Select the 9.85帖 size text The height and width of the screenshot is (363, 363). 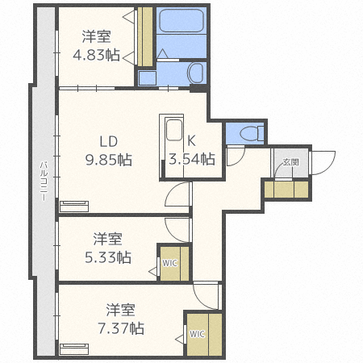(x=110, y=159)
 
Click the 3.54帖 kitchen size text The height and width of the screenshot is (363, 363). (x=192, y=159)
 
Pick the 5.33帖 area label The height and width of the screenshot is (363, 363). (x=107, y=257)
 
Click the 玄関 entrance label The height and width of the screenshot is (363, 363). (x=290, y=163)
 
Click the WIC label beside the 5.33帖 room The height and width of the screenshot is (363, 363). (x=169, y=262)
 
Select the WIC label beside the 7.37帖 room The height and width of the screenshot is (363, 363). (x=198, y=333)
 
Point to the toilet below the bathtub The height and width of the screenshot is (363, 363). (x=195, y=73)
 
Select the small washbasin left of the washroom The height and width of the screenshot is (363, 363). (x=146, y=77)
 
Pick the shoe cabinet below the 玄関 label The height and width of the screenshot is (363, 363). (x=286, y=190)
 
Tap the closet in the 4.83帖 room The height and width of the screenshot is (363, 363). (x=146, y=37)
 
